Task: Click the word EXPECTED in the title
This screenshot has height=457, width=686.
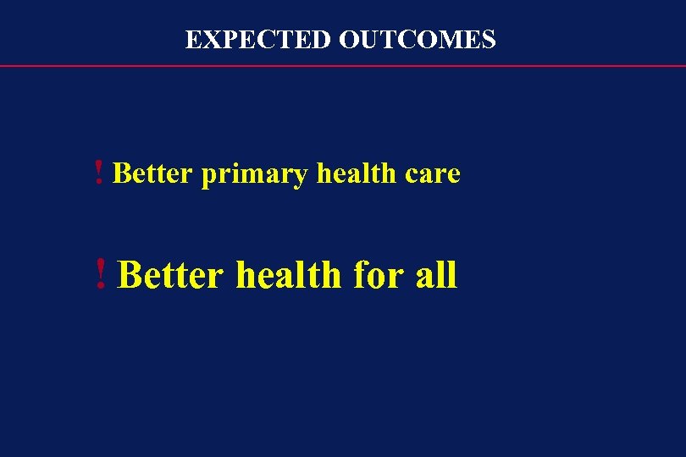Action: click(x=258, y=40)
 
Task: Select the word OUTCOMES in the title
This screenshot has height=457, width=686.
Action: click(x=418, y=40)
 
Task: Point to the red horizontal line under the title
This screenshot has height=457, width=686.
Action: click(x=343, y=66)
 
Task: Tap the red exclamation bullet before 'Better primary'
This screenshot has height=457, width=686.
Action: click(x=100, y=173)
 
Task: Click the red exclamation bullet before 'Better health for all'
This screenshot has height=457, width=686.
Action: click(x=102, y=275)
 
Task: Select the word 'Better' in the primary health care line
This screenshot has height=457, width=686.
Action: click(x=153, y=173)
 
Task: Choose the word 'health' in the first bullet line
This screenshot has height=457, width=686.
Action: click(x=356, y=173)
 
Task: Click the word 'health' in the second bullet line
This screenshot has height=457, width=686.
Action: click(x=288, y=275)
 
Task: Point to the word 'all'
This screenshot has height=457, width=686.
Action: click(x=436, y=275)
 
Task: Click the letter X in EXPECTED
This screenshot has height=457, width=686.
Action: click(x=208, y=40)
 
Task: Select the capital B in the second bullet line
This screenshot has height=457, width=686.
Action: click(x=130, y=275)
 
